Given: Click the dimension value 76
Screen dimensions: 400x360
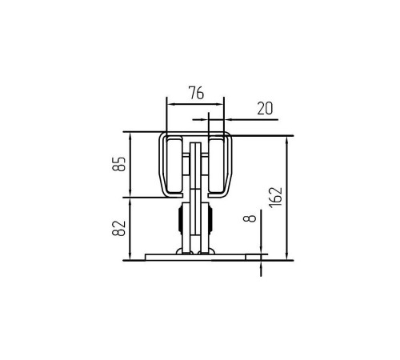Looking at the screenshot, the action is click(196, 93).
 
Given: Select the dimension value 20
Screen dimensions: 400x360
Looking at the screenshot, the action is click(265, 108).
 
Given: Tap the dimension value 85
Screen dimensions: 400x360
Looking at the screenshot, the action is click(118, 164).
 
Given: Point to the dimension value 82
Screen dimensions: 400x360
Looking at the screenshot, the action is click(118, 228).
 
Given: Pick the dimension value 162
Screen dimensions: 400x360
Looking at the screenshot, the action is click(275, 198).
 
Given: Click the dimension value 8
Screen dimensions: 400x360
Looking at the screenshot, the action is click(250, 218).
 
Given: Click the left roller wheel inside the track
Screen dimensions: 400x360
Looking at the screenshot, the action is click(174, 166).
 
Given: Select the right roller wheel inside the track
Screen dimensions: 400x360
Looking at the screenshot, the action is click(217, 166).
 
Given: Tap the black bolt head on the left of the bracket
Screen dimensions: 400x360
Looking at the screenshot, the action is click(180, 220).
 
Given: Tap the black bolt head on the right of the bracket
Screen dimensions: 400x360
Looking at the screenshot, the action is click(210, 220).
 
